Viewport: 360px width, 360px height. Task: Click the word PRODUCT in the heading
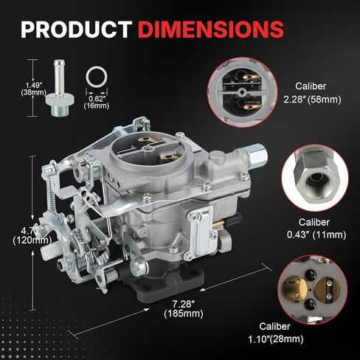pos(76,30)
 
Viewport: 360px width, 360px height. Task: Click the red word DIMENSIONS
pos(211,30)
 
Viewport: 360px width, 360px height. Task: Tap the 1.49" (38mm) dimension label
pos(34,89)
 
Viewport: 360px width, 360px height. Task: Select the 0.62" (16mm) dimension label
pos(97,102)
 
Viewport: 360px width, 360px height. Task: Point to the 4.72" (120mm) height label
pos(32,235)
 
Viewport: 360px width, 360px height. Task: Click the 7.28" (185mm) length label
pos(184,309)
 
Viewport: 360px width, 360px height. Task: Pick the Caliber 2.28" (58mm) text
pos(312,93)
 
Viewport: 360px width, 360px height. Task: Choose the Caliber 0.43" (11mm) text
pos(316,229)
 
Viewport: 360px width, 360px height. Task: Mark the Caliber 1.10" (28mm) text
pos(275,333)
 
